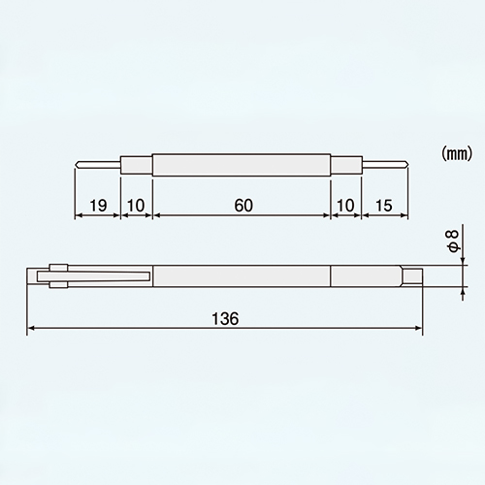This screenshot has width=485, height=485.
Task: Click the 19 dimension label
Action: point(96,205)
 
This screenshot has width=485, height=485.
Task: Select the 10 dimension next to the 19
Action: point(136,205)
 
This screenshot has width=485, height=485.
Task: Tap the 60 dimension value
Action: point(242,205)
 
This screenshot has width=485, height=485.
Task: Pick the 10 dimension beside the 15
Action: point(345,205)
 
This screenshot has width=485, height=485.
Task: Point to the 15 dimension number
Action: point(384,205)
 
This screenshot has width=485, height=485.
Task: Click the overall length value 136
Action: point(224,317)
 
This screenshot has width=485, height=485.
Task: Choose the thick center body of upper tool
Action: point(242,164)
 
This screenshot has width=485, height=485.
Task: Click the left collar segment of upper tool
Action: point(136,164)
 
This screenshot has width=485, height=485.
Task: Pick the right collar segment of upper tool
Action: point(345,164)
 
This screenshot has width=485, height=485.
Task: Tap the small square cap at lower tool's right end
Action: point(413,276)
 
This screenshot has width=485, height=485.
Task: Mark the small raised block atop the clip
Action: point(56,268)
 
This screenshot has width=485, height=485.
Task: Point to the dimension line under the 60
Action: point(242,216)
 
